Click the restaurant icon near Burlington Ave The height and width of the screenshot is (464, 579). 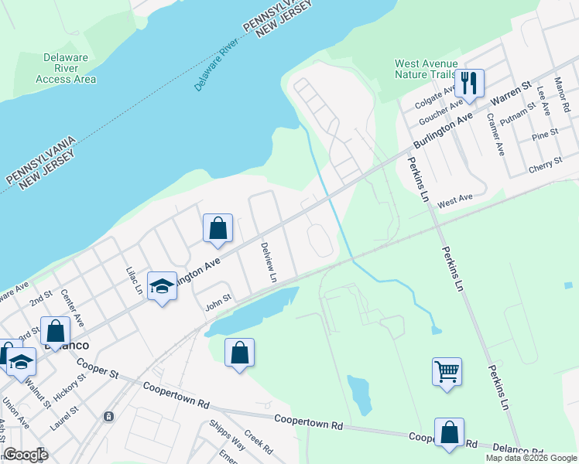click(x=469, y=81)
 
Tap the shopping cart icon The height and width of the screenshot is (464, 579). click(x=447, y=372)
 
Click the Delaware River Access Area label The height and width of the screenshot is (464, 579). click(x=66, y=68)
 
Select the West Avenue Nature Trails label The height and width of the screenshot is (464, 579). click(x=427, y=69)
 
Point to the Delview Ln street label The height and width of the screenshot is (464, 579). click(x=268, y=261)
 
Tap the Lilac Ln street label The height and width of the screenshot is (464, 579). click(x=135, y=281)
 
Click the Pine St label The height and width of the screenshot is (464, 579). click(x=545, y=136)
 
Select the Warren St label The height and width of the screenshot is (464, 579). click(x=512, y=94)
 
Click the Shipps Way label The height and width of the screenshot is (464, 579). click(x=227, y=435)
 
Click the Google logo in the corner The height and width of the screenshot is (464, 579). click(x=26, y=454)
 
